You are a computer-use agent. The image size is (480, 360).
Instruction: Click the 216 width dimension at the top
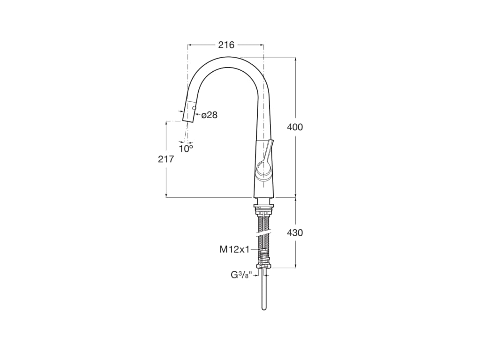(x=226, y=45)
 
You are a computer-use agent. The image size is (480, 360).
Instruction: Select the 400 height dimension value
(x=295, y=127)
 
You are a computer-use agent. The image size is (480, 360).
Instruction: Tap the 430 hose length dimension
(x=295, y=232)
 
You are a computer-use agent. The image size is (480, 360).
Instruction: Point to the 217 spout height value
(x=166, y=159)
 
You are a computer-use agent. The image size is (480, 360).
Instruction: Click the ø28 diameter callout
(x=210, y=115)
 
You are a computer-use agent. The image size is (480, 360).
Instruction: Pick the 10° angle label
(x=186, y=149)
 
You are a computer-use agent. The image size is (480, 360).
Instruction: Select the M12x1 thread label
(x=234, y=250)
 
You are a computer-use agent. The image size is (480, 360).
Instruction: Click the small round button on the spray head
(x=194, y=108)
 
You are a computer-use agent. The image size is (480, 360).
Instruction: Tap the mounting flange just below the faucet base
(x=264, y=206)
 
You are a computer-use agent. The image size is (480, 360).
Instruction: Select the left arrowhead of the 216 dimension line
(x=190, y=45)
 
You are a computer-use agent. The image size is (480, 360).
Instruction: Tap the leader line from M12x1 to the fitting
(x=256, y=250)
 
